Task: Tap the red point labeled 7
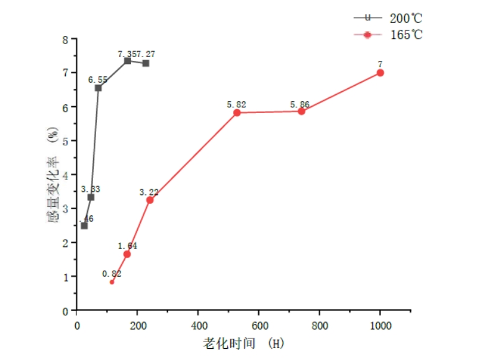click(x=380, y=73)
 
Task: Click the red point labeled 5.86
click(x=302, y=111)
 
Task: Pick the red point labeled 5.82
click(x=237, y=112)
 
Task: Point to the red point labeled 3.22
click(x=150, y=200)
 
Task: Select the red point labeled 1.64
click(x=127, y=254)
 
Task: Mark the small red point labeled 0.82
click(x=112, y=282)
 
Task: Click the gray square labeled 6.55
click(x=98, y=88)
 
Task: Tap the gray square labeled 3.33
click(x=91, y=197)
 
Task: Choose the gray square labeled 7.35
click(x=127, y=61)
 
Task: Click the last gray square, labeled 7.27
click(x=145, y=63)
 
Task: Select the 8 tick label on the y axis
click(x=65, y=39)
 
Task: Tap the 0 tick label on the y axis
click(x=65, y=310)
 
